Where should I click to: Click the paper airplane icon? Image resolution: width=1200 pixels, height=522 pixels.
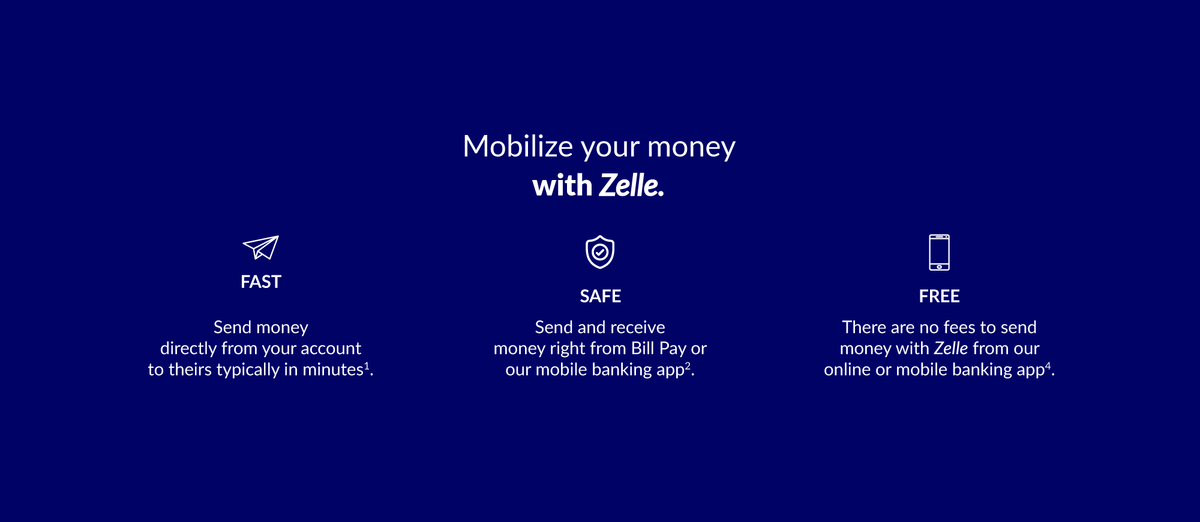click(x=261, y=247)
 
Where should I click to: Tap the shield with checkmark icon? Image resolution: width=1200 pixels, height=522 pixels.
click(x=600, y=252)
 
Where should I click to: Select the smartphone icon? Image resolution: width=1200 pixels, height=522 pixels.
click(x=939, y=252)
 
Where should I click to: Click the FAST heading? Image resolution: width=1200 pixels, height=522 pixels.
click(x=261, y=282)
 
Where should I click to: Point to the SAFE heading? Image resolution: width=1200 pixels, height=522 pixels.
click(x=600, y=296)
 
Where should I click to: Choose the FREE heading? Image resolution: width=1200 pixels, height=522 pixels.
click(x=939, y=296)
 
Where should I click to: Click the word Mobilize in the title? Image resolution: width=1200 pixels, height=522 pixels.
click(x=518, y=146)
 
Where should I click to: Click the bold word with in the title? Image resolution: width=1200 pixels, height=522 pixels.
click(x=562, y=185)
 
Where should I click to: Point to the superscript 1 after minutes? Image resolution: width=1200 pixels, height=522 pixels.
click(x=367, y=365)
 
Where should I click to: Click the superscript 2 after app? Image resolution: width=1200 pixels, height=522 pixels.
click(x=688, y=365)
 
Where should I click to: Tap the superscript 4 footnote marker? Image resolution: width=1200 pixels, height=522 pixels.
click(x=1048, y=365)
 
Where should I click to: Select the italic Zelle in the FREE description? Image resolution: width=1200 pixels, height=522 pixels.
click(x=951, y=349)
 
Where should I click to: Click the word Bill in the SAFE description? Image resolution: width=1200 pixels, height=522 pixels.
click(x=642, y=349)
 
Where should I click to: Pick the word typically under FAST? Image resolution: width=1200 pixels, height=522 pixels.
click(x=248, y=370)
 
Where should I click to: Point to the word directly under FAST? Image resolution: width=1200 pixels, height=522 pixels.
click(x=188, y=349)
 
